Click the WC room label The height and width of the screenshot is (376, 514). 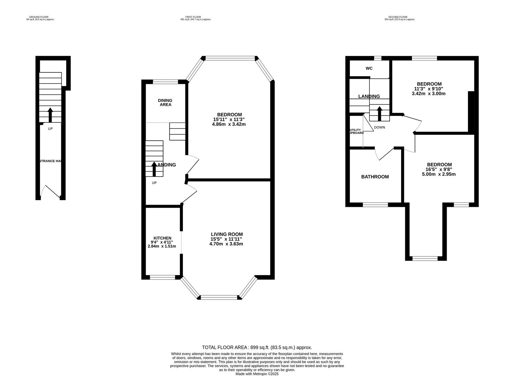[369, 68]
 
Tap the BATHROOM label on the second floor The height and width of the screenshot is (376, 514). [375, 177]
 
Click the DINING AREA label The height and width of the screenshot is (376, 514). [165, 102]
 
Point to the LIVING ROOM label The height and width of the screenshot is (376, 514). [227, 234]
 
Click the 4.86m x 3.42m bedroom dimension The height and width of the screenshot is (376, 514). [229, 124]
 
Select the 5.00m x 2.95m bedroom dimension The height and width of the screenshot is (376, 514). [439, 174]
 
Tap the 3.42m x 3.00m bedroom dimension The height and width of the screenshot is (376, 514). [429, 94]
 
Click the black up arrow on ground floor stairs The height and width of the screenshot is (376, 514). [50, 115]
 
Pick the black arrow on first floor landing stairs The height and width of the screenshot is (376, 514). [154, 169]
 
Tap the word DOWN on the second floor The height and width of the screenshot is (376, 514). [379, 127]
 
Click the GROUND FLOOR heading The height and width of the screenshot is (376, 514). [39, 17]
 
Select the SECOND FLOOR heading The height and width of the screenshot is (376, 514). [398, 17]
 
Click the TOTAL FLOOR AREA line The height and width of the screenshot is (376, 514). [257, 347]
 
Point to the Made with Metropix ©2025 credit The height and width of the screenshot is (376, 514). [257, 374]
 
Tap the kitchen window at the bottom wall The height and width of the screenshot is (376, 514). [162, 277]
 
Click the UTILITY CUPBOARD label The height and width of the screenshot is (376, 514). [356, 132]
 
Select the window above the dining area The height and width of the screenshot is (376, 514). [165, 82]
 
